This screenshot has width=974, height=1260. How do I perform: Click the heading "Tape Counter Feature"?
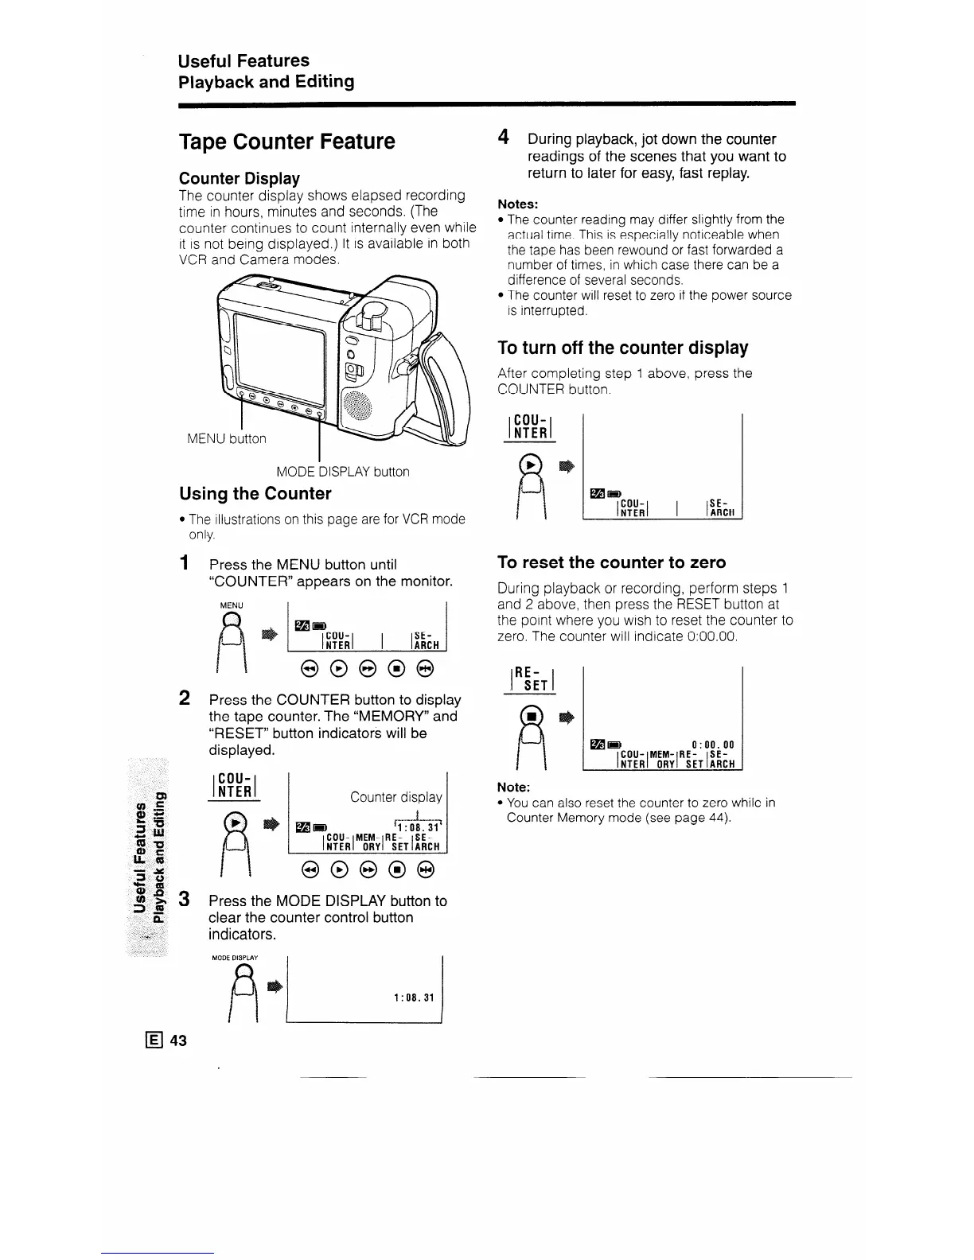(x=286, y=142)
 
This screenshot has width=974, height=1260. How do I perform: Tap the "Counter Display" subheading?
(x=239, y=178)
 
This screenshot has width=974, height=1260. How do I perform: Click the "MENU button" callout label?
(x=226, y=438)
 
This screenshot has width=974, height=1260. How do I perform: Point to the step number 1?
(x=184, y=564)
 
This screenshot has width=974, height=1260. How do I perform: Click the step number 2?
(x=184, y=698)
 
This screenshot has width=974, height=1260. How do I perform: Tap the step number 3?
(x=184, y=900)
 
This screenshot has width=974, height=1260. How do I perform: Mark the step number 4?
(x=503, y=138)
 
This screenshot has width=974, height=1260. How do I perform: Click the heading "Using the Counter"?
(x=255, y=493)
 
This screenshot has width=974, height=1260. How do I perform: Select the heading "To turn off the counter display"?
(x=622, y=348)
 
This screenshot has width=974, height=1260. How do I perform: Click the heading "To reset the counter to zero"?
(x=611, y=562)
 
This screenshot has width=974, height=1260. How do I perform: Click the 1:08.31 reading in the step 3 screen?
(x=413, y=997)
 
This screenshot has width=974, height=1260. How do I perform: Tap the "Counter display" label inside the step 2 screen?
(x=395, y=796)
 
